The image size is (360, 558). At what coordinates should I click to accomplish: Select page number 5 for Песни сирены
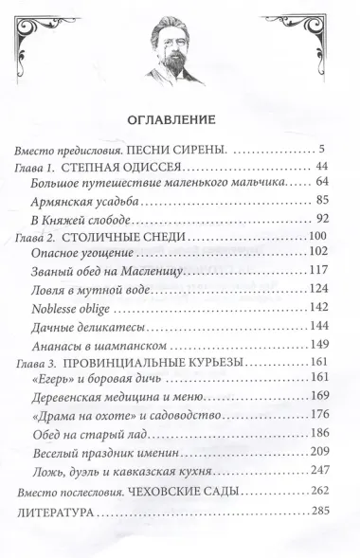pos(323,150)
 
